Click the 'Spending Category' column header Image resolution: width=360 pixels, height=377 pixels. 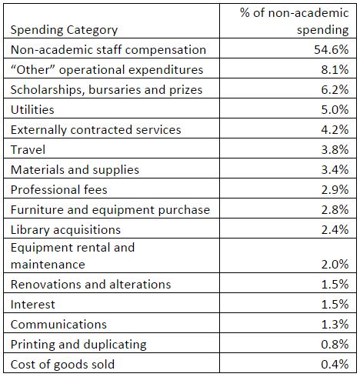(64, 30)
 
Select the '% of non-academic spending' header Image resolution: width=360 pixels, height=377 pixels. (295, 22)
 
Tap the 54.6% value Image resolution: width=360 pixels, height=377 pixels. (332, 49)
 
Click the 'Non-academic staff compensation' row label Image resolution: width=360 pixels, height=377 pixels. (108, 49)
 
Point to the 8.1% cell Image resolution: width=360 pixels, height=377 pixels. (335, 69)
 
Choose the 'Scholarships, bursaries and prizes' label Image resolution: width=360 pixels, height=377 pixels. (106, 90)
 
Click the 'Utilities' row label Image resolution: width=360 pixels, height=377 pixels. (32, 109)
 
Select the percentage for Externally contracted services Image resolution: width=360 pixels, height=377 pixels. (335, 129)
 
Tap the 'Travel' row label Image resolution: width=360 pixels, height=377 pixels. (28, 149)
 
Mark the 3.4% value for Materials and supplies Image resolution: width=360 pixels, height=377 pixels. (335, 169)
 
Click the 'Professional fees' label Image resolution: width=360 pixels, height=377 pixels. (59, 189)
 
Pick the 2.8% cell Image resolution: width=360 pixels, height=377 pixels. (335, 209)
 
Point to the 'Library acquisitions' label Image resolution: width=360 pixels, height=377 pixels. (65, 230)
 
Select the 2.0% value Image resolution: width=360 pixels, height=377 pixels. (335, 265)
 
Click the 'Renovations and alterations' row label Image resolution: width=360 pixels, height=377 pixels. (91, 285)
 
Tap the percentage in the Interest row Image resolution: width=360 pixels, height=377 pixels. (335, 305)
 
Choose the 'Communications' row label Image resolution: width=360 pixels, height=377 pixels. (58, 325)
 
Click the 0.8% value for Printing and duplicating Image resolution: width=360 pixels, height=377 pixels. (335, 345)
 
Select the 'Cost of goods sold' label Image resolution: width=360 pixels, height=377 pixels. (62, 365)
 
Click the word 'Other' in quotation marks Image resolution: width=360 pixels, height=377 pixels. (34, 69)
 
